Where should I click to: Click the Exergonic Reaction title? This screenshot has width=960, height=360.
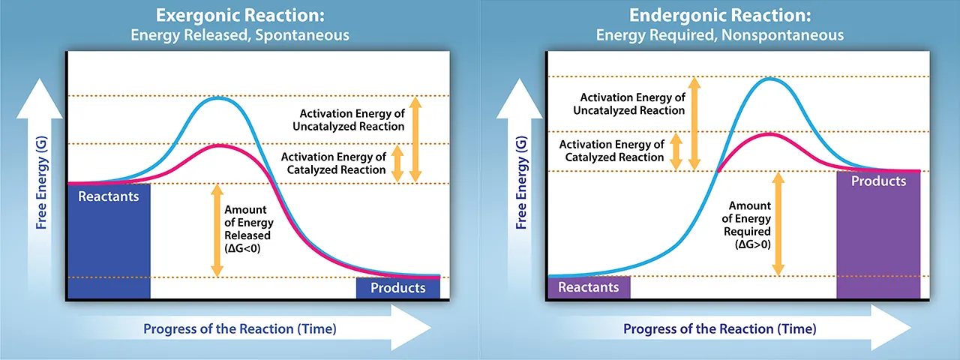(x=239, y=16)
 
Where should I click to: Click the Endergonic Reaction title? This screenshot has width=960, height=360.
(x=719, y=16)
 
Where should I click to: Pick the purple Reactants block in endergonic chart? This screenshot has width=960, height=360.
(x=589, y=287)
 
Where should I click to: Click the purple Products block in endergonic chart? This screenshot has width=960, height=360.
(x=878, y=232)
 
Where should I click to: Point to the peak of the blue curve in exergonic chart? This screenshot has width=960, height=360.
(x=218, y=97)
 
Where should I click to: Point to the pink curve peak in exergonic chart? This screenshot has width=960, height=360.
(x=218, y=145)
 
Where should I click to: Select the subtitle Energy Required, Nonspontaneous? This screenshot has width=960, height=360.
(x=719, y=35)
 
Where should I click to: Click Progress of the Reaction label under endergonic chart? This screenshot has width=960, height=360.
(x=719, y=328)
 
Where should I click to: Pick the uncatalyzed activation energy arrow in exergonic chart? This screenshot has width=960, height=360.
(x=416, y=140)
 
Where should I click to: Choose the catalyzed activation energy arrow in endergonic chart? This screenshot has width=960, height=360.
(x=676, y=151)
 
